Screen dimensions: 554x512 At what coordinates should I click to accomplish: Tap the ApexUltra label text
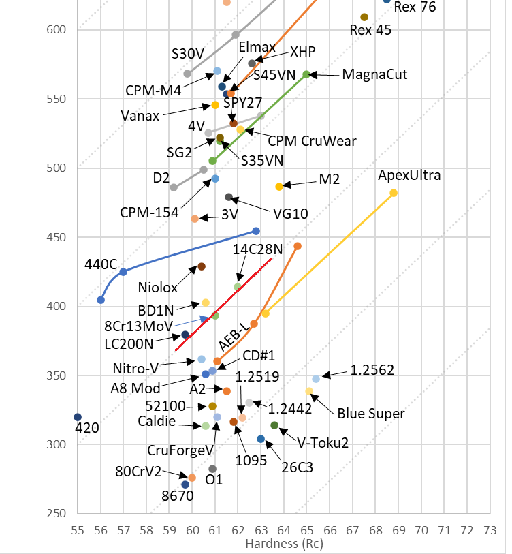tap(409, 176)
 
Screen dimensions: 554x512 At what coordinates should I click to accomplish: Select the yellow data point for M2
tap(279, 187)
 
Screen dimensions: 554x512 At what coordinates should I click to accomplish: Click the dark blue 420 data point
tap(78, 417)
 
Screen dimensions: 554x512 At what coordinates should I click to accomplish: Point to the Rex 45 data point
tap(364, 17)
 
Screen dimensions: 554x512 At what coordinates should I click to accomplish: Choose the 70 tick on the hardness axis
tap(421, 529)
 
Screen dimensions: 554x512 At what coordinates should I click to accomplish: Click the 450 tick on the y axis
tap(60, 237)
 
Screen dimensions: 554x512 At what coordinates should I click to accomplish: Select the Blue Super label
tap(371, 414)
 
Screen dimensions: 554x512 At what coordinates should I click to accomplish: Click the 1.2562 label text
tap(372, 371)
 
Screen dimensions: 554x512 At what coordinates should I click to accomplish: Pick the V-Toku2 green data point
tap(274, 425)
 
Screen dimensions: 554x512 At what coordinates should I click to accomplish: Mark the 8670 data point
tap(185, 484)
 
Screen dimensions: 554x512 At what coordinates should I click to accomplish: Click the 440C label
tap(101, 264)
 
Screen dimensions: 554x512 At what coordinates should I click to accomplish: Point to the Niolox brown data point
tap(202, 266)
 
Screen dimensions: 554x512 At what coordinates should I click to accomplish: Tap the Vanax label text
tap(141, 116)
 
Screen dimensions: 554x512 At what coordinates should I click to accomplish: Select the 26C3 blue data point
tap(261, 439)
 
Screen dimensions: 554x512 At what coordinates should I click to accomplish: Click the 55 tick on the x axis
tap(78, 529)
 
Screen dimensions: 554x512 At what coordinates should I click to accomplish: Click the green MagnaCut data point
tap(306, 74)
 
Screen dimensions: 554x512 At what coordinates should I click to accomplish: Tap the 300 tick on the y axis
tap(60, 444)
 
